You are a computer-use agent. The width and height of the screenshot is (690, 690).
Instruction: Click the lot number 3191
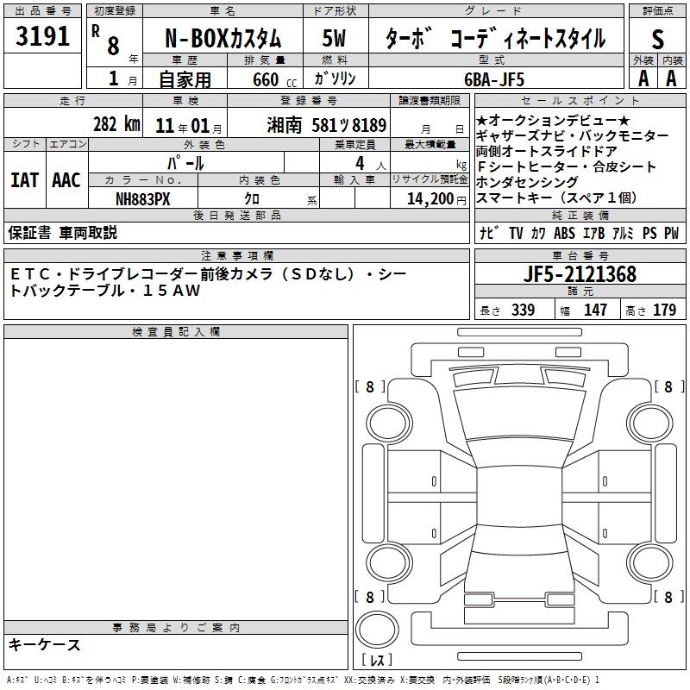click(x=42, y=36)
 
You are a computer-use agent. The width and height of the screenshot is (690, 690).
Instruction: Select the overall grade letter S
click(x=657, y=39)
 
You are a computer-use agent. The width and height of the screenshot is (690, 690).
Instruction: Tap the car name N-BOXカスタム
click(x=223, y=38)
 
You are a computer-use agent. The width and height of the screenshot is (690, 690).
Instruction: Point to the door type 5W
click(x=335, y=38)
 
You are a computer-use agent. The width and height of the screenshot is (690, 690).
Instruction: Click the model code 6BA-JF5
click(x=494, y=79)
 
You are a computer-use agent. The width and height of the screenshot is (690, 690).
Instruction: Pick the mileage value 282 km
click(x=116, y=124)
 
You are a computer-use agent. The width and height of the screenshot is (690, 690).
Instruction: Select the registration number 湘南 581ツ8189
click(x=327, y=125)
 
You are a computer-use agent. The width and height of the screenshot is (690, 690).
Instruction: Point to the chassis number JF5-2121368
click(x=580, y=274)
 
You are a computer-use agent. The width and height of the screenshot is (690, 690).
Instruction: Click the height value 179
click(x=664, y=310)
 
